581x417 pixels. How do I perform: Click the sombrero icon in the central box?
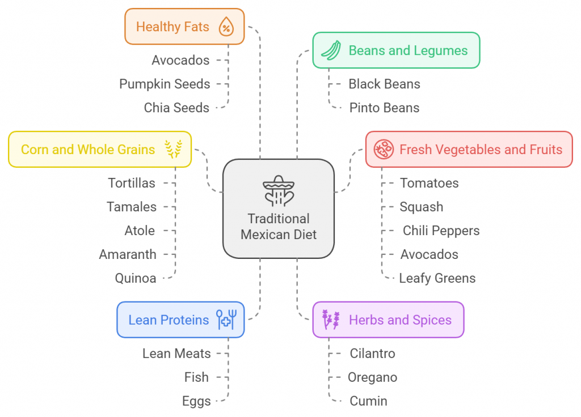pyautogui.click(x=278, y=190)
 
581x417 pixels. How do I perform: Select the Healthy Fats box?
pyautogui.click(x=184, y=27)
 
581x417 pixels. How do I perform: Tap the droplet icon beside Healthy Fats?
pyautogui.click(x=226, y=27)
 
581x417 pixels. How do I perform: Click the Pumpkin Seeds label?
pyautogui.click(x=165, y=84)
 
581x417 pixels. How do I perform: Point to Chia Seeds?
pyautogui.click(x=176, y=108)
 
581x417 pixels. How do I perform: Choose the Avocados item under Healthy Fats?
pyautogui.click(x=180, y=60)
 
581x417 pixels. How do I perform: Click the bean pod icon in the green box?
pyautogui.click(x=330, y=50)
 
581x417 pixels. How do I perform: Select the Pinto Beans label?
pyautogui.click(x=384, y=108)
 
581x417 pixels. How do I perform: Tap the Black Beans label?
pyautogui.click(x=384, y=84)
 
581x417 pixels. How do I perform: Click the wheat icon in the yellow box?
pyautogui.click(x=174, y=149)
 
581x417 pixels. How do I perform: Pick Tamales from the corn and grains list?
pyautogui.click(x=132, y=207)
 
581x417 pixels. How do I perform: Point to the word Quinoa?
pyautogui.click(x=136, y=278)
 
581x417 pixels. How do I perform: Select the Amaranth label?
pyautogui.click(x=128, y=254)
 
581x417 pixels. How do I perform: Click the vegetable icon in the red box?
pyautogui.click(x=384, y=150)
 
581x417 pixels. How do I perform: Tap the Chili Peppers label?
pyautogui.click(x=441, y=231)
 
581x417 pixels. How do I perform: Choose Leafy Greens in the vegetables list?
pyautogui.click(x=437, y=278)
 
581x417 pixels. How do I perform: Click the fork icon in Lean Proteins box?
pyautogui.click(x=234, y=320)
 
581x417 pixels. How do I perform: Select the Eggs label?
pyautogui.click(x=196, y=401)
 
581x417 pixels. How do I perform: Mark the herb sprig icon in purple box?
pyautogui.click(x=331, y=320)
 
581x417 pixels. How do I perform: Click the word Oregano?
pyautogui.click(x=372, y=377)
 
